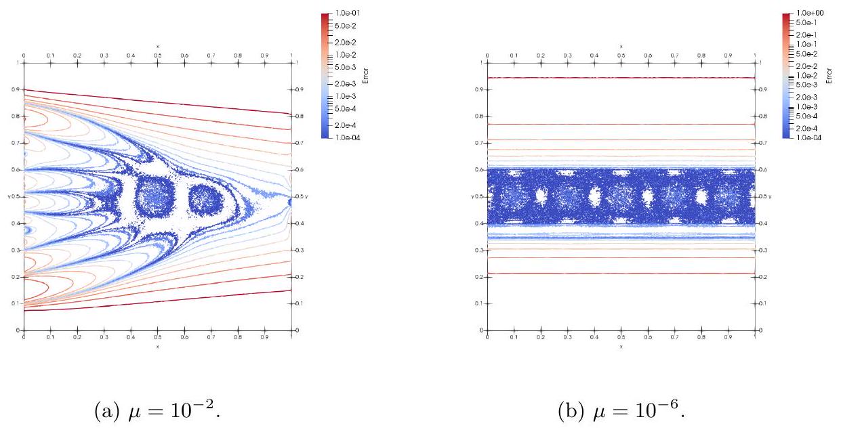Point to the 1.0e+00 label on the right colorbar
click(811, 13)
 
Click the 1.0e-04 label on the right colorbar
click(811, 137)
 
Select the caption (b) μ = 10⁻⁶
click(621, 408)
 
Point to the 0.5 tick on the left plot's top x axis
click(157, 56)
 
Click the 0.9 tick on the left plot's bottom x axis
click(264, 337)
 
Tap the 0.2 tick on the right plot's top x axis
click(541, 56)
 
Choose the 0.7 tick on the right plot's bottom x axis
click(674, 337)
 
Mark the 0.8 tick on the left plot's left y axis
click(19, 116)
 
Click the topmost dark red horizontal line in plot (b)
click(621, 78)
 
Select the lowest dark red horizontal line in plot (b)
click(621, 274)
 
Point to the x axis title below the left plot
click(157, 346)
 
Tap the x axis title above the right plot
click(621, 46)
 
